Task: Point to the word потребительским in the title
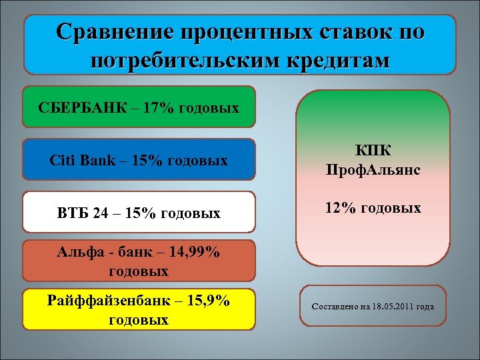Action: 169,61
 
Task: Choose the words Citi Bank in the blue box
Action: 75,161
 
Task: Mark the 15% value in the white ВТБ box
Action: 141,214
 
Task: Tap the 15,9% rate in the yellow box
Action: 208,302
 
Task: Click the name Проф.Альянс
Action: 373,170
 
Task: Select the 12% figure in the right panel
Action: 339,208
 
